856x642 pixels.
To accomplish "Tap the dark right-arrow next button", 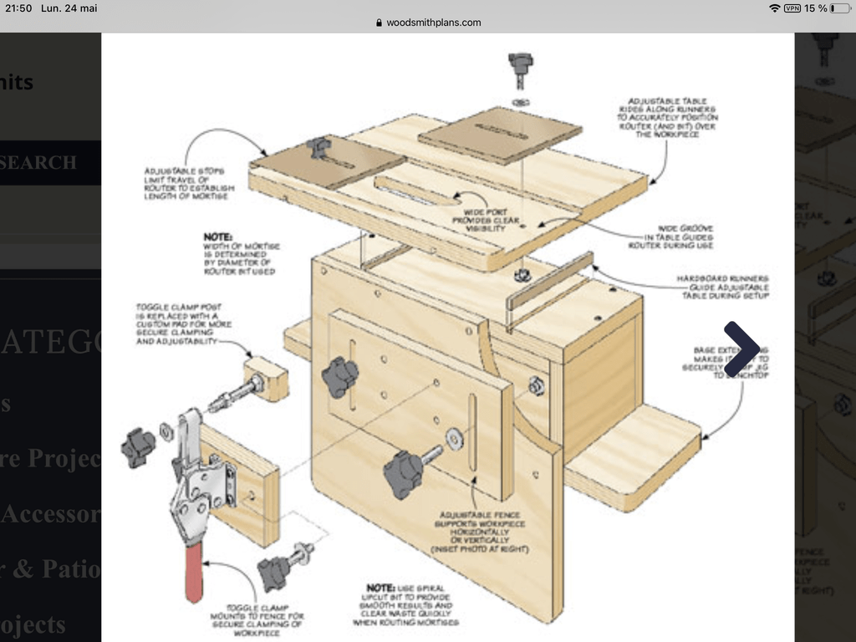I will [741, 349].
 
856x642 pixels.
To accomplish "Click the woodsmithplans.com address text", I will [433, 23].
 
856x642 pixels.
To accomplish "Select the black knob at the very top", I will [520, 64].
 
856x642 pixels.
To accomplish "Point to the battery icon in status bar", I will [838, 8].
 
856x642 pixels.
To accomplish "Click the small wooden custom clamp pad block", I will [267, 378].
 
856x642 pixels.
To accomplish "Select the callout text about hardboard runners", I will [722, 287].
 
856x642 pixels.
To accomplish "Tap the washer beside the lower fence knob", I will [455, 440].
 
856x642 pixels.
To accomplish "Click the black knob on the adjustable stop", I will [318, 148].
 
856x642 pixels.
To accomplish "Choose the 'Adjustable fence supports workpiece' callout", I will [479, 531].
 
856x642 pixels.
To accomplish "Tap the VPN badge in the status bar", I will [792, 8].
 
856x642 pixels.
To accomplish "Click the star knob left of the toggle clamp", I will [137, 447].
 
